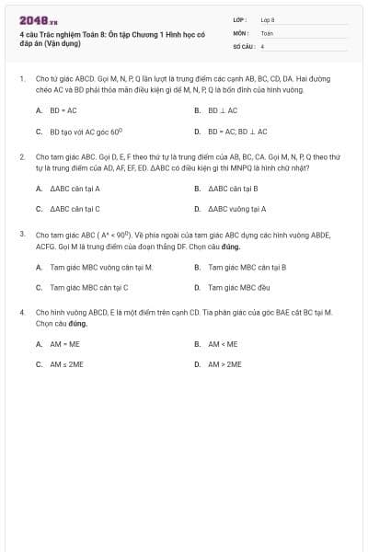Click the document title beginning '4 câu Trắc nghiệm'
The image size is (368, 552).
point(111,38)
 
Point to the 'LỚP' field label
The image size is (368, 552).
point(239,18)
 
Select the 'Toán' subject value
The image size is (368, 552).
point(267,32)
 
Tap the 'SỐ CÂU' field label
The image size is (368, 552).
point(243,45)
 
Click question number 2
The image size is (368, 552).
point(22,157)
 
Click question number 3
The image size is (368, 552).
point(22,235)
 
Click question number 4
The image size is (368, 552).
point(22,313)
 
